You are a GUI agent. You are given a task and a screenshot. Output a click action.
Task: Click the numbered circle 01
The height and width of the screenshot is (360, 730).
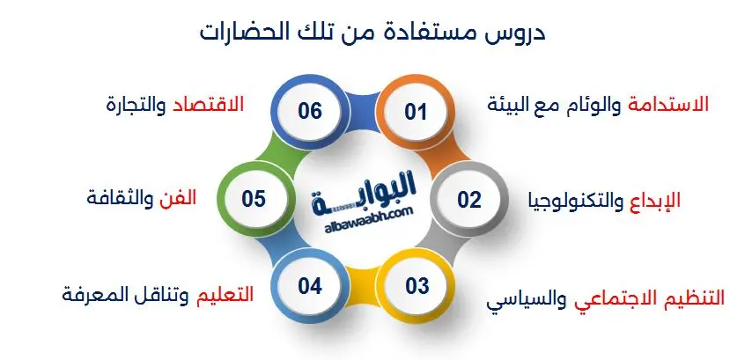pos(415,112)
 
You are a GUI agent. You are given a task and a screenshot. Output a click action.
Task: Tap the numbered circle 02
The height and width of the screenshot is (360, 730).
pos(468,199)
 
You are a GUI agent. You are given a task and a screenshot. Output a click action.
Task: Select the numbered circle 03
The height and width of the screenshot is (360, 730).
pos(417,285)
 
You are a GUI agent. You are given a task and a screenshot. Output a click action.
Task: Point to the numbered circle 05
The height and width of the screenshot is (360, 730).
pos(254,199)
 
